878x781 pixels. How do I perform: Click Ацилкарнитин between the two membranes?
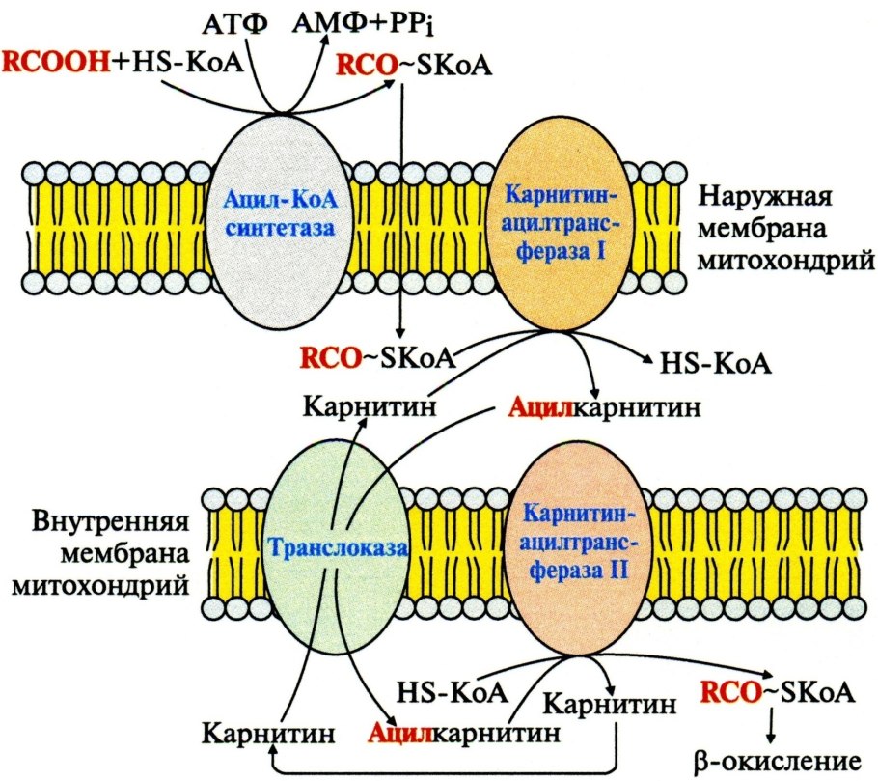click(602, 406)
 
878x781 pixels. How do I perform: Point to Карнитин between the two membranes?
click(370, 405)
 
